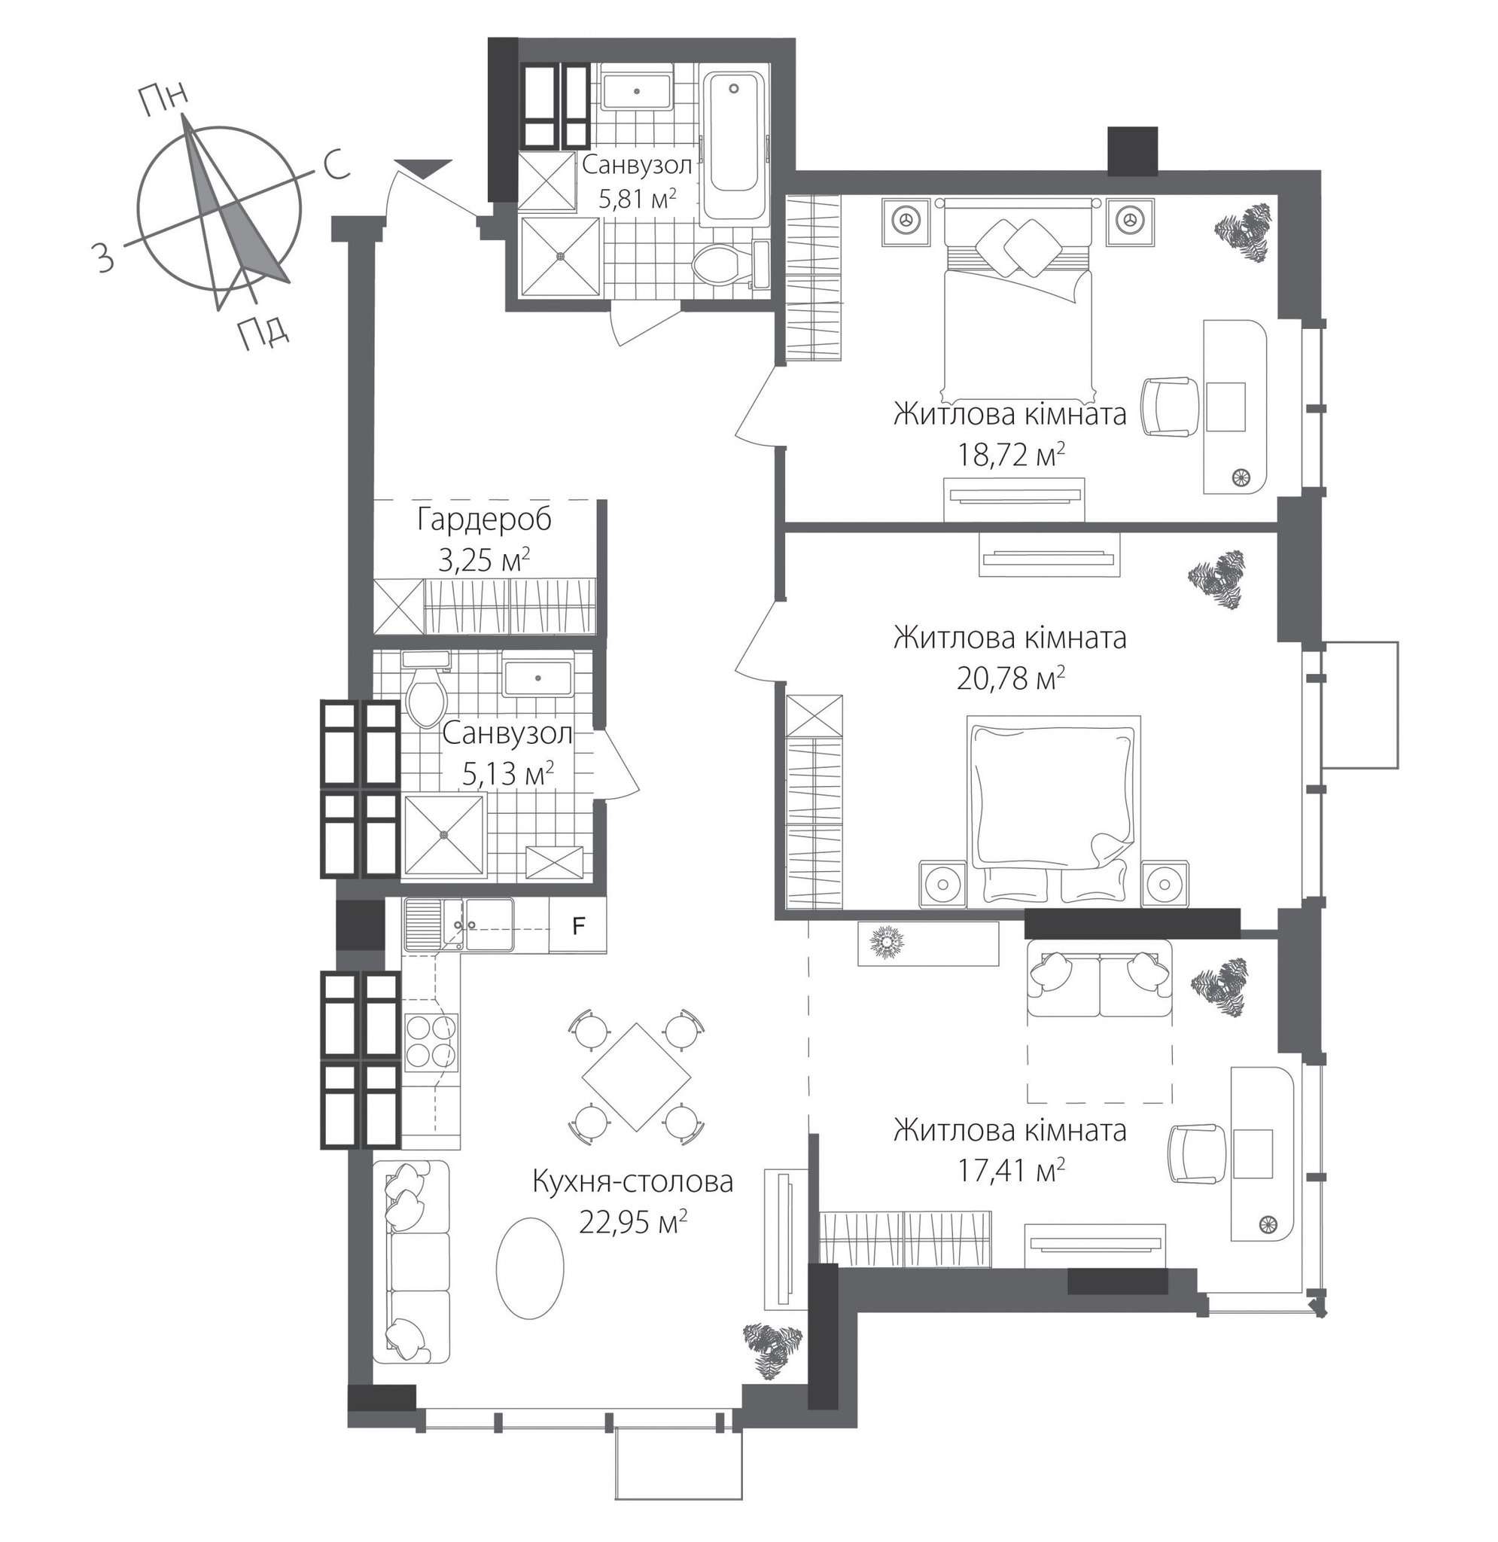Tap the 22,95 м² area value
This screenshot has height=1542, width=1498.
click(x=632, y=1222)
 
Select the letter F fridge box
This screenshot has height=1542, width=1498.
click(x=578, y=926)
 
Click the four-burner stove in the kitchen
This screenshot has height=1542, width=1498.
click(x=431, y=1039)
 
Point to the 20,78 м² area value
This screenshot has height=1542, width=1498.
click(x=1010, y=678)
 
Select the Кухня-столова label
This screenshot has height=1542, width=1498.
click(x=632, y=1181)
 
